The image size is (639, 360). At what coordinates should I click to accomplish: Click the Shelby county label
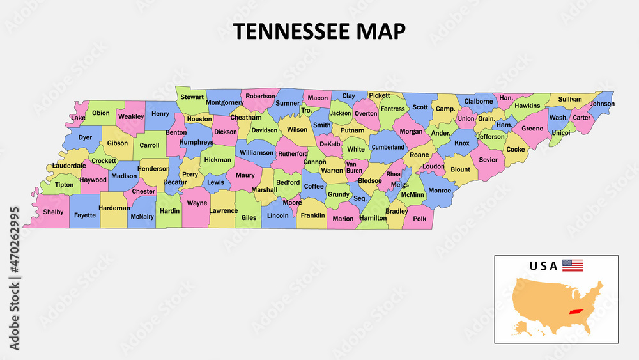click(x=54, y=212)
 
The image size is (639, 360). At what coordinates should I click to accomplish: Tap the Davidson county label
click(x=265, y=130)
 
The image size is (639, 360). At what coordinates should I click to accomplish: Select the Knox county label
click(x=462, y=143)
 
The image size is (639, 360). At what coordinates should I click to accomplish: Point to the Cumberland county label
click(x=388, y=147)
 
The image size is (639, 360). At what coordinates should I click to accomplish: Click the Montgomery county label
click(x=225, y=102)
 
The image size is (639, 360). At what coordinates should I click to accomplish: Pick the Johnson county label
click(x=602, y=104)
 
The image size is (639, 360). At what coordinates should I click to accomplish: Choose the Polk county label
click(x=419, y=219)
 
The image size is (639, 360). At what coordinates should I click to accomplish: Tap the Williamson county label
click(x=256, y=153)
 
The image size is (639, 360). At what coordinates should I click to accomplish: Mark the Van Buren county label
click(x=354, y=168)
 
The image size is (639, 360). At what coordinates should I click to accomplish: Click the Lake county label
click(x=79, y=118)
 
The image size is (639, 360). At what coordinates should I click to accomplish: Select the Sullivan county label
click(x=570, y=99)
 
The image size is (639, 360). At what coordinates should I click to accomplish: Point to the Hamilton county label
click(x=373, y=218)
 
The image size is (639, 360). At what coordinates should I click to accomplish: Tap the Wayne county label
click(x=197, y=203)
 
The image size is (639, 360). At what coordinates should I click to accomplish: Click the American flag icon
click(x=573, y=265)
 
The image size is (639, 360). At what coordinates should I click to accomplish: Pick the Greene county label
click(x=532, y=129)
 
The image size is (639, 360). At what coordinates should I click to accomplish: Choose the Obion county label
click(x=101, y=113)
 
